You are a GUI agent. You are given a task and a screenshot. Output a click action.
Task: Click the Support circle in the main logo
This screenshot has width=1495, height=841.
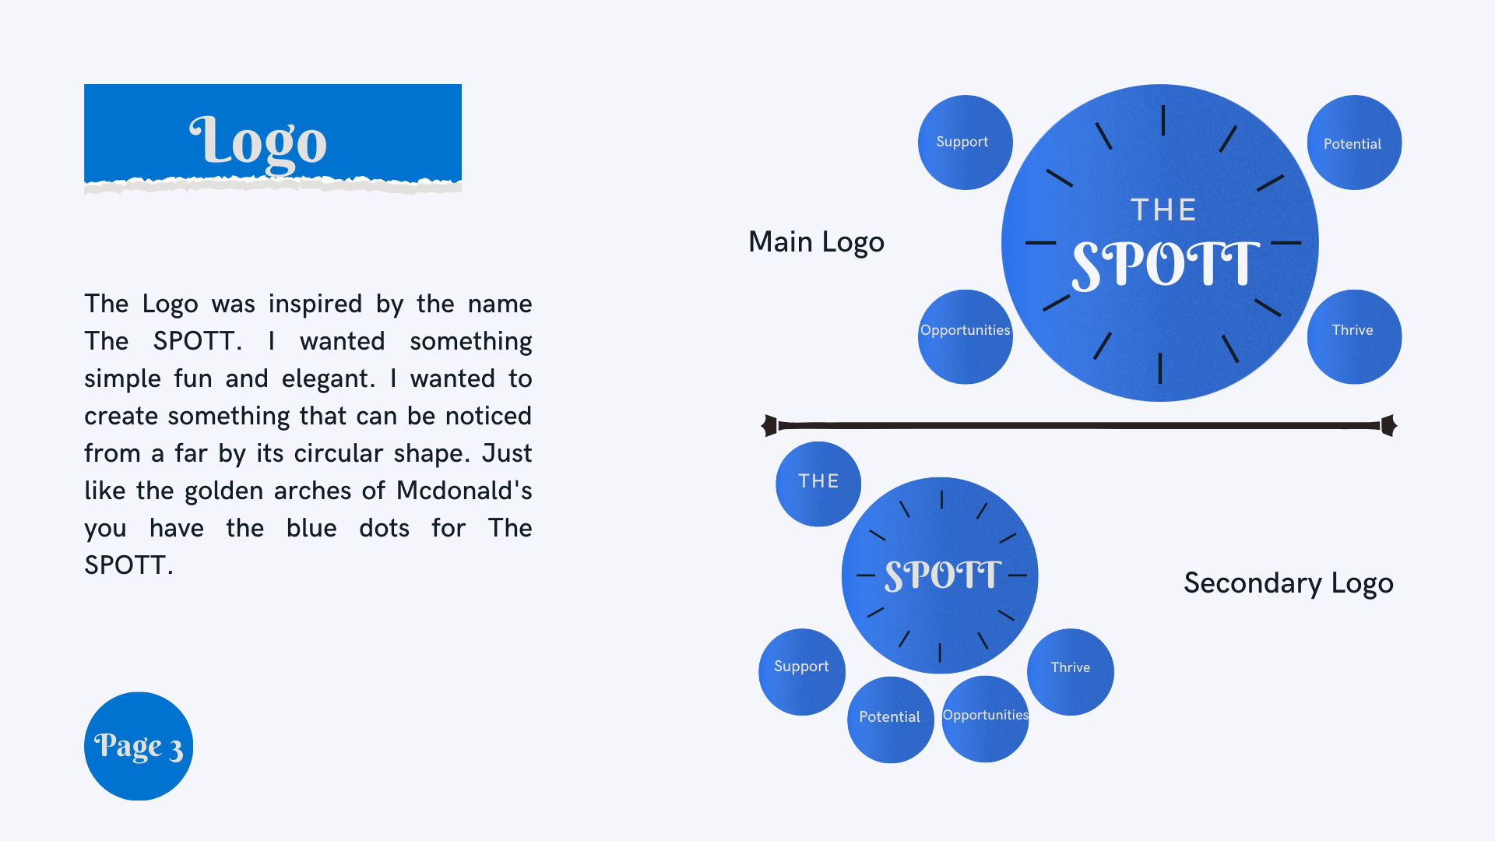[x=965, y=143]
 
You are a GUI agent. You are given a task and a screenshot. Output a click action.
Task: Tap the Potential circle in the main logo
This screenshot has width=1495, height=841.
[x=1354, y=143]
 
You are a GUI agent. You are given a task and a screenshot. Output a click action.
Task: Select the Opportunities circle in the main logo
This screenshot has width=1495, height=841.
[x=965, y=336]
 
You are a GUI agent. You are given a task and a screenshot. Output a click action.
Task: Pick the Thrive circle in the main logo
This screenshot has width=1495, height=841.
[x=1354, y=336]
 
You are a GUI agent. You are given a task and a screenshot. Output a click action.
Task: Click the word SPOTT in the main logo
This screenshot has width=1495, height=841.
[x=1165, y=266]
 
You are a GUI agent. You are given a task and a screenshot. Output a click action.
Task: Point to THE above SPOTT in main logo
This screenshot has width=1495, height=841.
[x=1163, y=210]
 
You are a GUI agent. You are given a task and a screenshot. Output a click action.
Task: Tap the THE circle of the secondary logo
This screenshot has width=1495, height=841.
[x=818, y=484]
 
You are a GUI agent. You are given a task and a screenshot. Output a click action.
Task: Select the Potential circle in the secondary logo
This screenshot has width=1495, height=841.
[x=890, y=719]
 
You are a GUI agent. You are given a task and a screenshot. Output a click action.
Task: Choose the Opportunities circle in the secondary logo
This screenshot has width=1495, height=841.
[x=985, y=719]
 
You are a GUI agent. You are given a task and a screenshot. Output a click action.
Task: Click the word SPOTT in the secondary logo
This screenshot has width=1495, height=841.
[x=942, y=575]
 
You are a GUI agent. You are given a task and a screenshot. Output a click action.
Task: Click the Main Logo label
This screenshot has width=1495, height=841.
[x=816, y=242]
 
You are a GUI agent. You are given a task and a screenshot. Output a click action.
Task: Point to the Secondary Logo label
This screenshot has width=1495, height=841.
[x=1288, y=583]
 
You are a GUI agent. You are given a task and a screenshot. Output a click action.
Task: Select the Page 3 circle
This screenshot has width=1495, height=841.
[x=139, y=746]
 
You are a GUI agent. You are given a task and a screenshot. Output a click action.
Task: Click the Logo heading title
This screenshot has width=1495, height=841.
[x=259, y=142]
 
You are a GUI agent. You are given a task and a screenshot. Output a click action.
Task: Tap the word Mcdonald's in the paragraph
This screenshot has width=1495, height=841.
[x=464, y=491]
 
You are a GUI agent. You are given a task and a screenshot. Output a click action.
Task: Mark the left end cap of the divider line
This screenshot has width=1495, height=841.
[x=769, y=425]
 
